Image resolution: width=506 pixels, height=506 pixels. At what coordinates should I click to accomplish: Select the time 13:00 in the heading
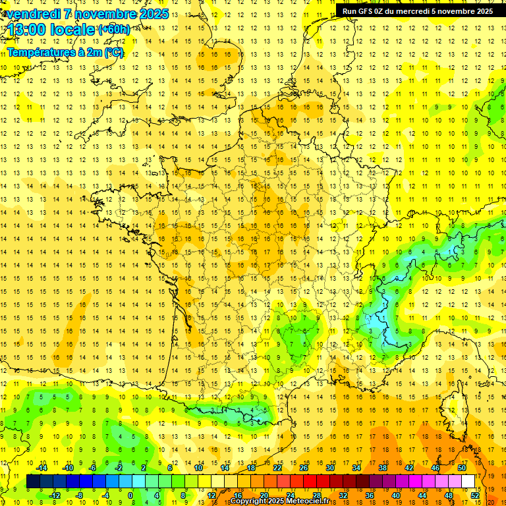coord(27,29)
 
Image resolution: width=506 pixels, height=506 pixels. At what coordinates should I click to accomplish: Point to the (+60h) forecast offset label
coord(113,29)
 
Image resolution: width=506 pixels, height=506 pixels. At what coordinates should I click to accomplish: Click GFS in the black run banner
coord(364,11)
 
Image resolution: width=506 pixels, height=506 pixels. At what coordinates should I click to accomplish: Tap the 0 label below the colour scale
coord(130,495)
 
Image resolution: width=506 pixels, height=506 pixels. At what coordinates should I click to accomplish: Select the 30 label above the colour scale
coord(330,468)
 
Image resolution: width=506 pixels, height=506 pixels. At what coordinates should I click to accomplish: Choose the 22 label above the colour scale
coord(277,468)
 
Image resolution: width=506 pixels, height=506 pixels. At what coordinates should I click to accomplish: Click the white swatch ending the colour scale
coord(468,482)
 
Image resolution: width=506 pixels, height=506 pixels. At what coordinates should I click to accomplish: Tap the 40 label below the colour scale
coord(396,495)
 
